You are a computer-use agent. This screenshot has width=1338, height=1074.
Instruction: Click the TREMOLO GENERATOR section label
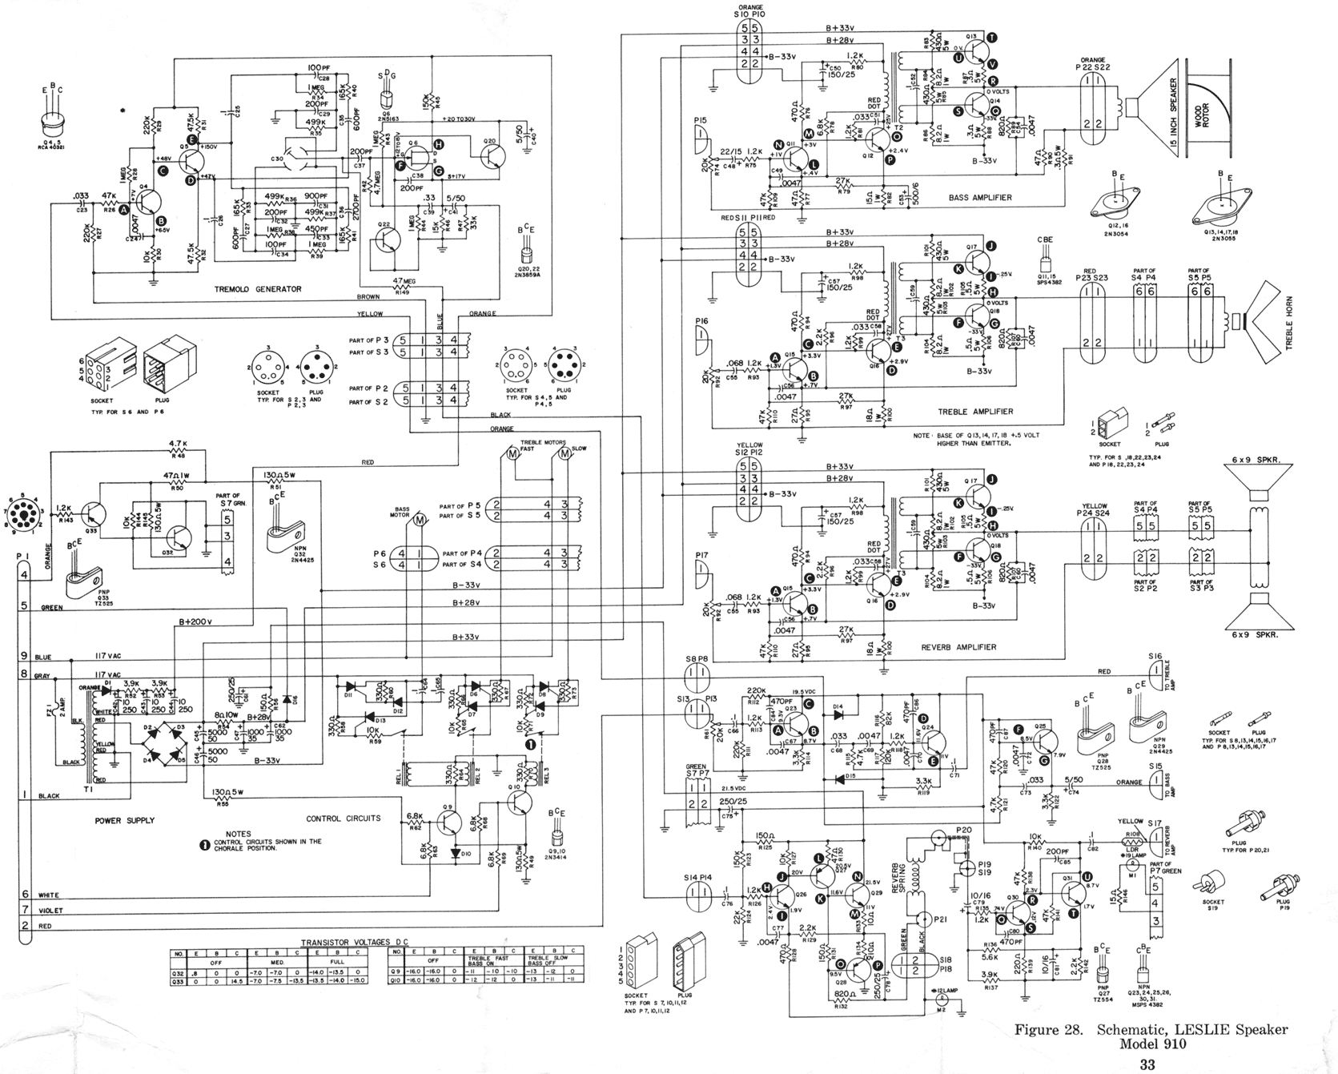pyautogui.click(x=258, y=289)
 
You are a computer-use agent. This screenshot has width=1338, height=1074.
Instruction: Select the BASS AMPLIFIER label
pyautogui.click(x=979, y=197)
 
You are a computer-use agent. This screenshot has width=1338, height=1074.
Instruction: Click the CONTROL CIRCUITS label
pyautogui.click(x=343, y=819)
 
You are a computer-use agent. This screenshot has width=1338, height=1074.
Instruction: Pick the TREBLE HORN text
pyautogui.click(x=1310, y=324)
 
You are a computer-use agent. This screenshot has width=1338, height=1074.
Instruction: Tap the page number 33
pyautogui.click(x=1147, y=1064)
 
